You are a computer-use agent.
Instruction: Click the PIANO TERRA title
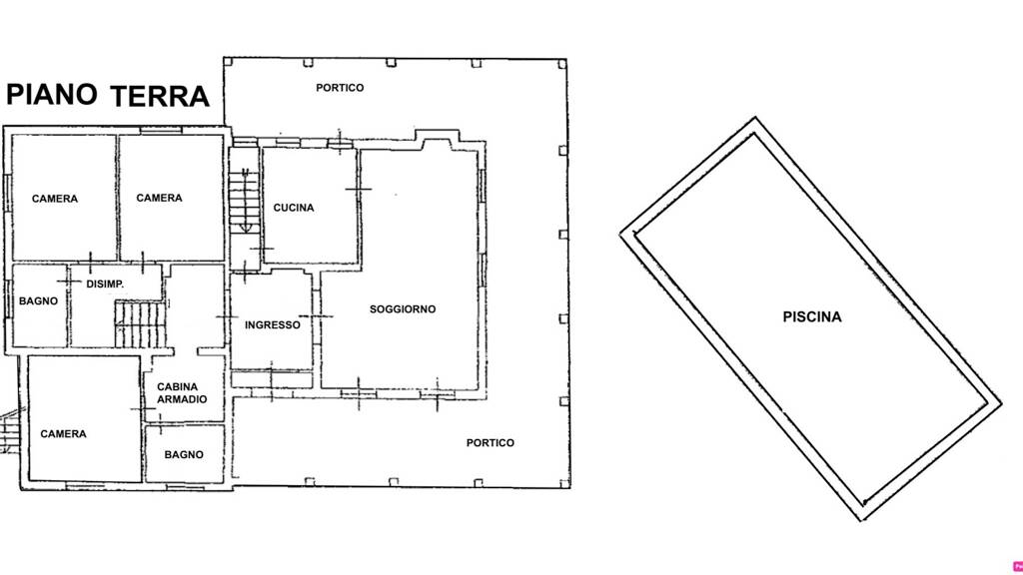pyautogui.click(x=108, y=95)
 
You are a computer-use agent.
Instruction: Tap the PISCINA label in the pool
pyautogui.click(x=812, y=316)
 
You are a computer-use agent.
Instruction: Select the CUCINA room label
pyautogui.click(x=294, y=208)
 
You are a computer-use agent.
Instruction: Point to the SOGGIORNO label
pyautogui.click(x=403, y=309)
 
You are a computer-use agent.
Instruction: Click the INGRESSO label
pyautogui.click(x=273, y=324)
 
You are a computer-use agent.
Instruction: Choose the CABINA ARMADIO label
pyautogui.click(x=182, y=393)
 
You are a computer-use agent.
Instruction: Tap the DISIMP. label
pyautogui.click(x=105, y=285)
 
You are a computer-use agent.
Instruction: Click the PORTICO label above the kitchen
pyautogui.click(x=340, y=88)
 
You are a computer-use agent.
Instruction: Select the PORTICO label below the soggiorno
pyautogui.click(x=490, y=442)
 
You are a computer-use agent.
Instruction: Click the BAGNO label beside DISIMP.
pyautogui.click(x=38, y=301)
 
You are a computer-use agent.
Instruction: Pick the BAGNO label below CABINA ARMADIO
pyautogui.click(x=184, y=454)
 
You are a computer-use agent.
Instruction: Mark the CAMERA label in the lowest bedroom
pyautogui.click(x=63, y=433)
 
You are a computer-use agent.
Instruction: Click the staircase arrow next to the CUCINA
pyautogui.click(x=246, y=200)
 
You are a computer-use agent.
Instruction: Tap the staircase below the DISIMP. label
pyautogui.click(x=140, y=323)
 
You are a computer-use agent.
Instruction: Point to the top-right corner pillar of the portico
pyautogui.click(x=562, y=64)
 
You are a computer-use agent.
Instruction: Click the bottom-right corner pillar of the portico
pyautogui.click(x=564, y=483)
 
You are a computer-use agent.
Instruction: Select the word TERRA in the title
pyautogui.click(x=160, y=96)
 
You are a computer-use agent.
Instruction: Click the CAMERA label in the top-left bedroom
pyautogui.click(x=55, y=199)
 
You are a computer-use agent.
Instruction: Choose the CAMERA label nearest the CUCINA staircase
pyautogui.click(x=159, y=198)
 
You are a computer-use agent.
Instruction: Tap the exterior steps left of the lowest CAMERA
pyautogui.click(x=10, y=430)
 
